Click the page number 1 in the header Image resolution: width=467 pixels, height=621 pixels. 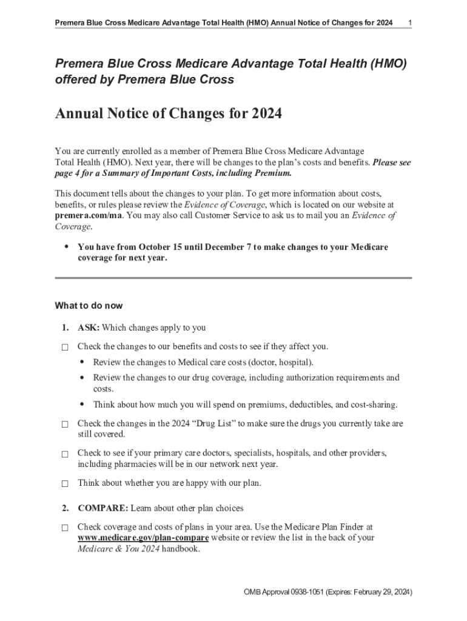[410, 23]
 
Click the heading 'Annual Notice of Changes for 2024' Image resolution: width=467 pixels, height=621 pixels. [168, 114]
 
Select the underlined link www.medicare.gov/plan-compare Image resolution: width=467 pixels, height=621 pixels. [143, 538]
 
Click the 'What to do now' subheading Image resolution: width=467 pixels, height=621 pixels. [89, 305]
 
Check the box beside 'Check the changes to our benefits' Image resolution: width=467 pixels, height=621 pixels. [64, 347]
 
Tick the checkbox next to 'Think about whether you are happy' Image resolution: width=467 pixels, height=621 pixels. [64, 484]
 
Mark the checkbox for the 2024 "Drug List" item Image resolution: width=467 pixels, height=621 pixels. [64, 425]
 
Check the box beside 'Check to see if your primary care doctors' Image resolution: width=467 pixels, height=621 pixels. [64, 454]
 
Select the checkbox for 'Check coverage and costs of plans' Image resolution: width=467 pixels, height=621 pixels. [64, 528]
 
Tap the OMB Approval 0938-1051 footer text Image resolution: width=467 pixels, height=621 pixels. [328, 592]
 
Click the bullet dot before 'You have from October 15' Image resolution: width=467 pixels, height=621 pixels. [66, 247]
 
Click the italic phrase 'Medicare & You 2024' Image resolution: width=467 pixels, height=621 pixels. [116, 549]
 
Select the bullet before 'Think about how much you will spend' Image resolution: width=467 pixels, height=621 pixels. [81, 404]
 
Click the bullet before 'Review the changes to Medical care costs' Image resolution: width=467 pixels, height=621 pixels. [81, 362]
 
